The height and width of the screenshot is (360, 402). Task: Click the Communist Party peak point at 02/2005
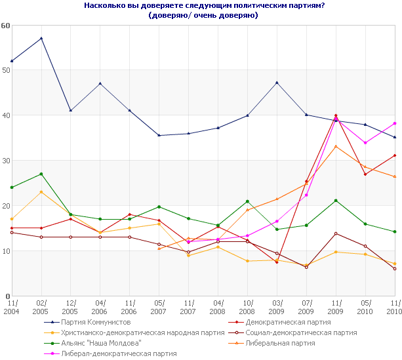41,38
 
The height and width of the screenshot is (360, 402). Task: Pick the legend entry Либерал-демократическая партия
119,353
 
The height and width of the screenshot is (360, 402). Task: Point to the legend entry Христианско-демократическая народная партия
142,332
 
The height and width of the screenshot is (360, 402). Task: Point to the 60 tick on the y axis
6,26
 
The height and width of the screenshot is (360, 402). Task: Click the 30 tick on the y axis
6,161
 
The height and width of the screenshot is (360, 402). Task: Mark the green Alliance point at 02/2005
41,174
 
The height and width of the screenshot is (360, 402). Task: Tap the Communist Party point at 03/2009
277,83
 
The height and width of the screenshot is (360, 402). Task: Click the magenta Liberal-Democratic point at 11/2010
395,123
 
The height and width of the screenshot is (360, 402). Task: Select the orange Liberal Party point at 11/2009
336,146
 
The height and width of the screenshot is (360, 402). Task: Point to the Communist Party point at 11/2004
12,61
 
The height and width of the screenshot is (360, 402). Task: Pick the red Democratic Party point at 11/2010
395,155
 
